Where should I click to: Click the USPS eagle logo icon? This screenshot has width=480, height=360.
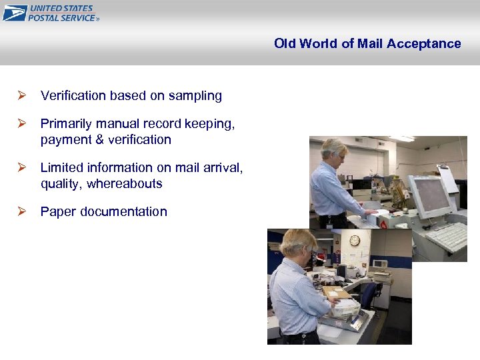pyautogui.click(x=15, y=13)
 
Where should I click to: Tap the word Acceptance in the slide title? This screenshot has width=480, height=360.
pyautogui.click(x=425, y=44)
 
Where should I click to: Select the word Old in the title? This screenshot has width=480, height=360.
pyautogui.click(x=284, y=44)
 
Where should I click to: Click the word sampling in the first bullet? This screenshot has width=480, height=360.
pyautogui.click(x=195, y=96)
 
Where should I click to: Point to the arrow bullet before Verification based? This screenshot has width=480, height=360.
pyautogui.click(x=21, y=95)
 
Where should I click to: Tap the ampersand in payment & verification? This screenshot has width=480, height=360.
pyautogui.click(x=92, y=140)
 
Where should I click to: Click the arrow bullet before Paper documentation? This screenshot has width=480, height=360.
pyautogui.click(x=21, y=211)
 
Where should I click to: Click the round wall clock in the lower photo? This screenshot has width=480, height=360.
pyautogui.click(x=355, y=240)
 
